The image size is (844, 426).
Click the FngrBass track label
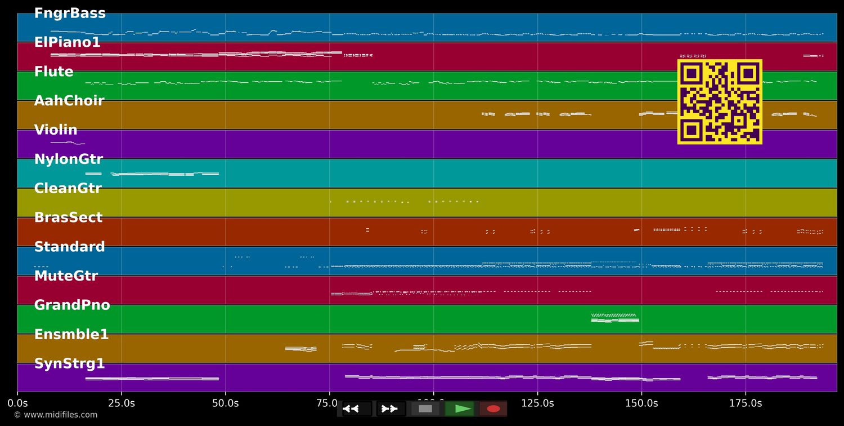(70, 14)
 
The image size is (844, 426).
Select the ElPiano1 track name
(67, 43)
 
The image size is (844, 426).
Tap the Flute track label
(53, 72)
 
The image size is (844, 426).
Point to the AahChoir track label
(69, 101)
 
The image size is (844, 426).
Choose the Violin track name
(56, 130)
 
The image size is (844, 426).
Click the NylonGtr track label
(68, 159)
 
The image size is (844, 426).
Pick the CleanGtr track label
(68, 189)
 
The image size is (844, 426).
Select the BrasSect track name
(68, 218)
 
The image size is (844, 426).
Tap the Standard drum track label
(69, 247)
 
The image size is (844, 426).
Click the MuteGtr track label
(66, 276)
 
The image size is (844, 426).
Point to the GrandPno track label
(72, 305)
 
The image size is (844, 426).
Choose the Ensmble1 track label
(71, 335)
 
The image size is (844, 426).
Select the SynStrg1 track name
(69, 364)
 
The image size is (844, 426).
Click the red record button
(493, 409)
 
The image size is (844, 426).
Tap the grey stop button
(425, 409)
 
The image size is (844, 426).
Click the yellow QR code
(720, 102)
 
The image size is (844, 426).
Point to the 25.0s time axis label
(121, 403)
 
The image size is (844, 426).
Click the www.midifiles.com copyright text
(55, 415)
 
